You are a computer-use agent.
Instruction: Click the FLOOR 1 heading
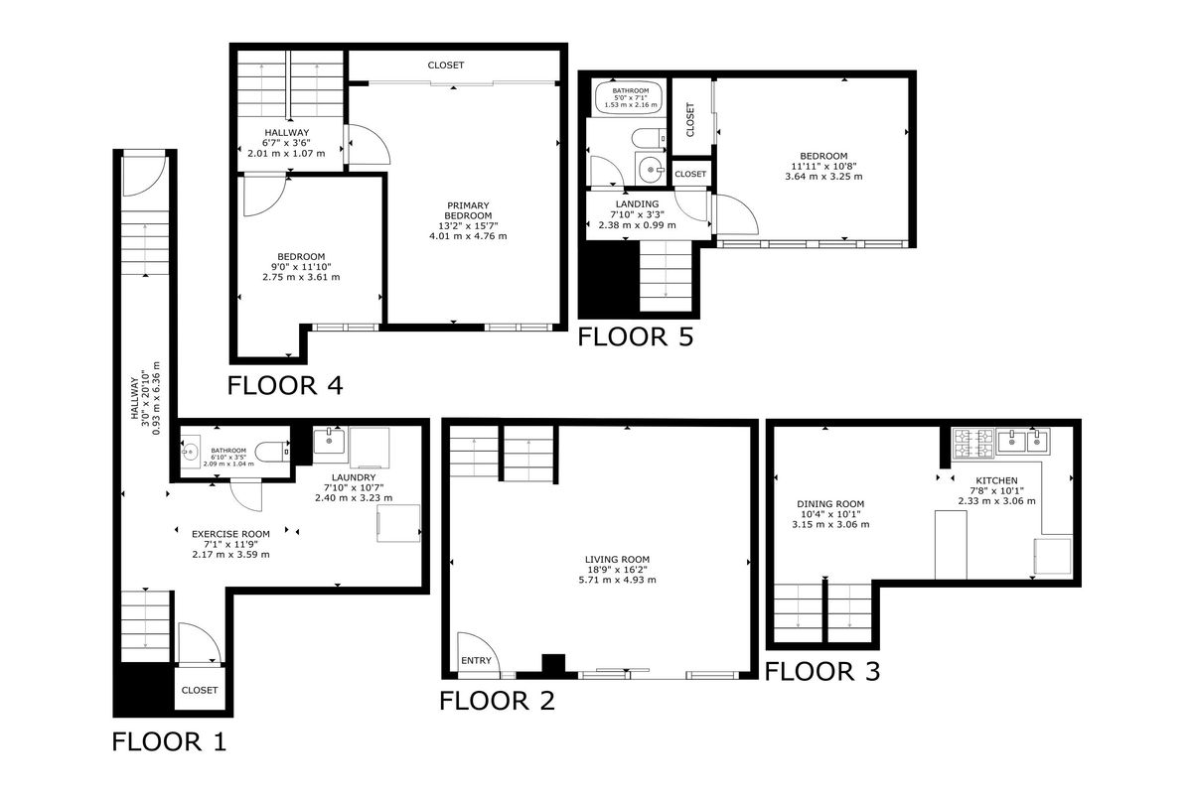click(169, 741)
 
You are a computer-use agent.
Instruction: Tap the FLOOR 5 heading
click(635, 336)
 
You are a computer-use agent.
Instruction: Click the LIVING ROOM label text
click(617, 560)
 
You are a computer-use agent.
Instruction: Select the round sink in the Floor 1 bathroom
click(191, 453)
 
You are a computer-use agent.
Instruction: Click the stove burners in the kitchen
click(971, 443)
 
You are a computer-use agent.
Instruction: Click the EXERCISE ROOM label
click(230, 534)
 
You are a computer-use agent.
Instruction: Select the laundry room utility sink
click(329, 441)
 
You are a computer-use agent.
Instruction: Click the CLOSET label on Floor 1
click(200, 690)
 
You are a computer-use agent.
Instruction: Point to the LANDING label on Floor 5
click(631, 204)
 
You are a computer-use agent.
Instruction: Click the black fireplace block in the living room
click(552, 664)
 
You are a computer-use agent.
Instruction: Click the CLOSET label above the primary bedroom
click(446, 66)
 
